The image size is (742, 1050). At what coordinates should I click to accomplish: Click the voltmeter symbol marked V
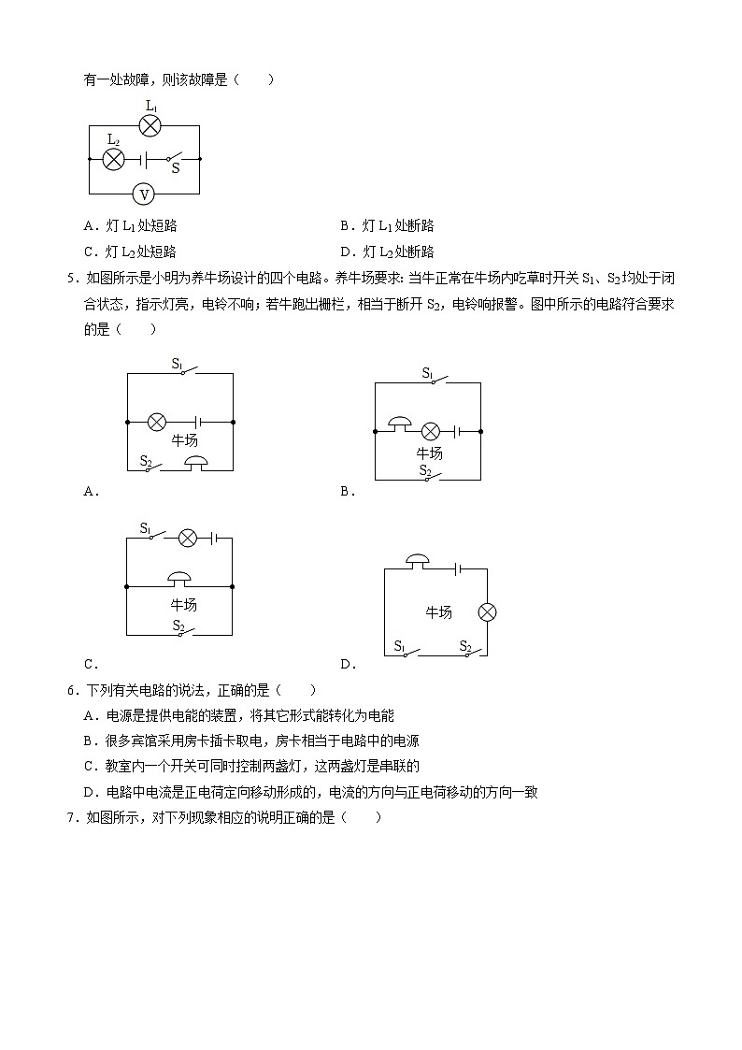(x=144, y=194)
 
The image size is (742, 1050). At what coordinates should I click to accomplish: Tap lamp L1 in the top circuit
(x=150, y=126)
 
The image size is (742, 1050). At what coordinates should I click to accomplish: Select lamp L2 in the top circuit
(x=113, y=159)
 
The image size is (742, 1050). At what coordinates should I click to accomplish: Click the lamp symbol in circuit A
(x=157, y=422)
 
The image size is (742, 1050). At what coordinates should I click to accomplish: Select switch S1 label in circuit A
(x=178, y=363)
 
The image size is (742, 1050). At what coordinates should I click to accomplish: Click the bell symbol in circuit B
(x=399, y=425)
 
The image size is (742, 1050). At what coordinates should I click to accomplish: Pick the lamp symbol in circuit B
(x=430, y=431)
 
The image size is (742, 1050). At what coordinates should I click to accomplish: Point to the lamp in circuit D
(x=487, y=612)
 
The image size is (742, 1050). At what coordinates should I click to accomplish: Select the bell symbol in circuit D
(x=417, y=562)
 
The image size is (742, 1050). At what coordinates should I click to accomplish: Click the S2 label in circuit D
(x=465, y=645)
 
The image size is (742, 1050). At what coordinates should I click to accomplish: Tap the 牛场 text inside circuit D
(x=439, y=612)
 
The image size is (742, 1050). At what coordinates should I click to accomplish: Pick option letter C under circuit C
(x=90, y=665)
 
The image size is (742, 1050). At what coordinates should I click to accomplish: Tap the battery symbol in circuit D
(x=457, y=568)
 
